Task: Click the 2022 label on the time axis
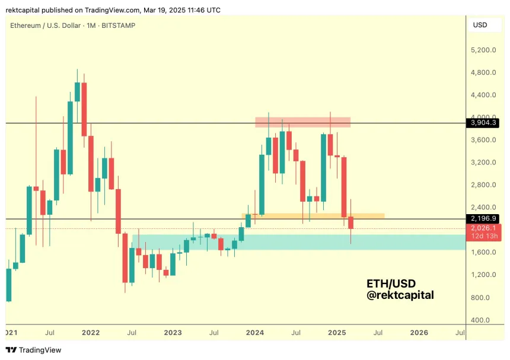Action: tap(91, 333)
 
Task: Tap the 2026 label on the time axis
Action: tap(419, 333)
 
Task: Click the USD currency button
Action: tap(479, 25)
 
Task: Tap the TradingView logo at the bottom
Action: tap(33, 350)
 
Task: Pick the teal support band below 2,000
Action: tap(297, 242)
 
